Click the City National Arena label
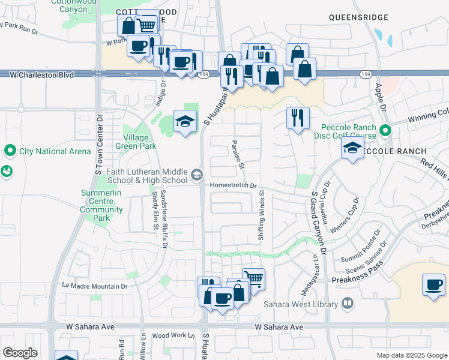[x=55, y=151]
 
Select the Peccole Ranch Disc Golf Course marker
[x=385, y=130]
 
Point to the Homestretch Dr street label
[x=233, y=186]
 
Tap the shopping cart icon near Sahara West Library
[x=254, y=278]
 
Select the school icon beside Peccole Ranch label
[x=352, y=148]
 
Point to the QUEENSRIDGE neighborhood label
[x=359, y=18]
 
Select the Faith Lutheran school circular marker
[x=196, y=175]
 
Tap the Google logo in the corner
[x=20, y=353]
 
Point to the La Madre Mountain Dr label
[x=95, y=286]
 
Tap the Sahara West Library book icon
[x=347, y=304]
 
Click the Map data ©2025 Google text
[x=412, y=355]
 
